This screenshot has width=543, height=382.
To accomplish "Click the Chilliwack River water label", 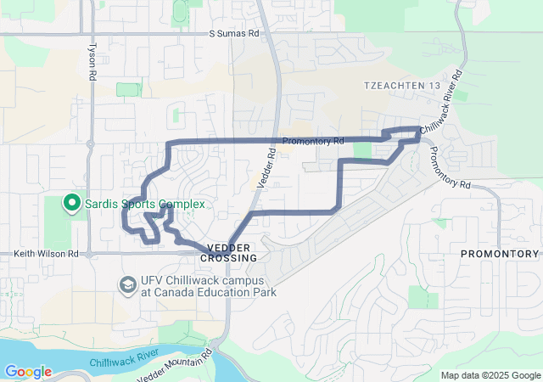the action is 125,357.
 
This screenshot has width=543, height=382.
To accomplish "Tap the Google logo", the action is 28,372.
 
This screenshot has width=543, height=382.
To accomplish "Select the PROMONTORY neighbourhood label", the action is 500,254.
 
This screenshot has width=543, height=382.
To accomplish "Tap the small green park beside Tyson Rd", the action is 128,89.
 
